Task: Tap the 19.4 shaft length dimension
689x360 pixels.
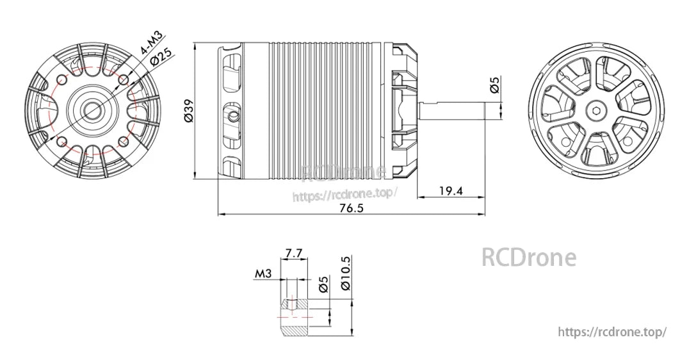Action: [451, 190]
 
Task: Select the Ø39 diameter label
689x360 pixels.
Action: [188, 110]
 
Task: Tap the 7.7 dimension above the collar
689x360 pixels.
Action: [294, 253]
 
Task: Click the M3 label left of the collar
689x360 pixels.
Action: [263, 274]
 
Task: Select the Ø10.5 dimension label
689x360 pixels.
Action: [346, 274]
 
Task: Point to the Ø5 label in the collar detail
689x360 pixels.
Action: [323, 284]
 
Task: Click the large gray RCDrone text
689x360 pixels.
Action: [528, 258]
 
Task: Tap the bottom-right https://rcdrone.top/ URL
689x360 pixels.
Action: [612, 332]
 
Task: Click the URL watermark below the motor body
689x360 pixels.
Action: [345, 194]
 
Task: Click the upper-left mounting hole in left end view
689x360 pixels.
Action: [63, 79]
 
